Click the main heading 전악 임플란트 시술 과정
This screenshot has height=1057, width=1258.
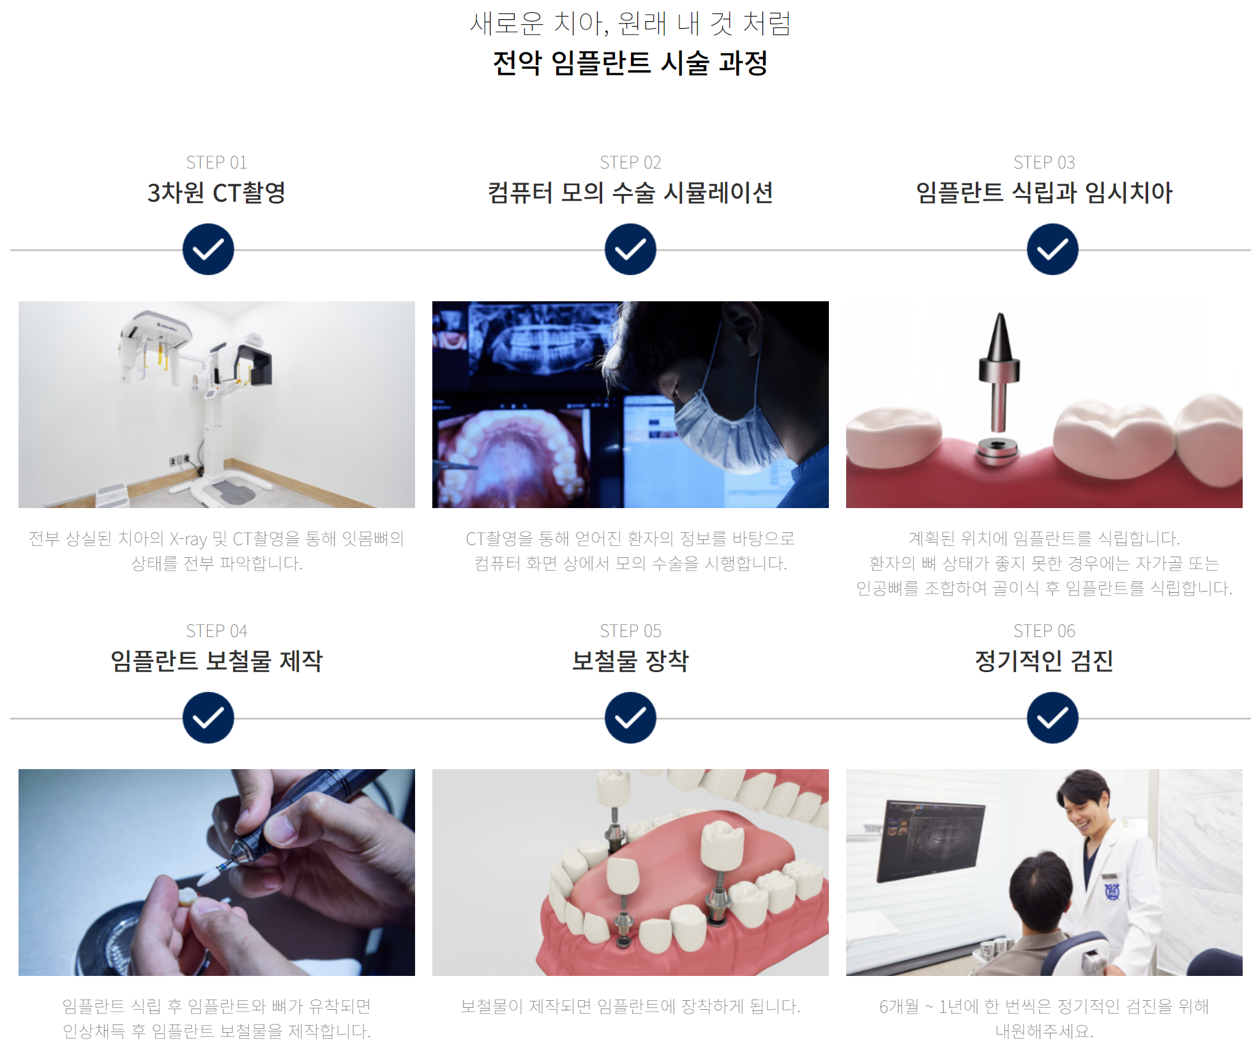(630, 63)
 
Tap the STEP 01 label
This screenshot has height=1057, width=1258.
(216, 163)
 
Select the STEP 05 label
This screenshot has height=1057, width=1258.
(630, 631)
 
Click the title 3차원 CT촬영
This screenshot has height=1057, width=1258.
(216, 193)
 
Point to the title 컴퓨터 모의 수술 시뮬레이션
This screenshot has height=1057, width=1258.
(630, 193)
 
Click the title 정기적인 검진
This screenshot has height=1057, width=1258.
(1044, 661)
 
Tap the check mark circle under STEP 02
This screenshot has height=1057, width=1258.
(630, 250)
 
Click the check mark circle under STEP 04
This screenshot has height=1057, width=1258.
(208, 717)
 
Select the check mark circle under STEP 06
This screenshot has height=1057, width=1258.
(1052, 717)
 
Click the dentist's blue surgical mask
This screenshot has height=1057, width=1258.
(718, 431)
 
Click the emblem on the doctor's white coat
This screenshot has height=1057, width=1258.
(1112, 891)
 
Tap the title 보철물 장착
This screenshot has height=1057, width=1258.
(630, 661)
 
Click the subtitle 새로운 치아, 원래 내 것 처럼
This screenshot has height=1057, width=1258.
(630, 24)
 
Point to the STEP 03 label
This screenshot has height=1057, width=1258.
(1044, 163)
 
